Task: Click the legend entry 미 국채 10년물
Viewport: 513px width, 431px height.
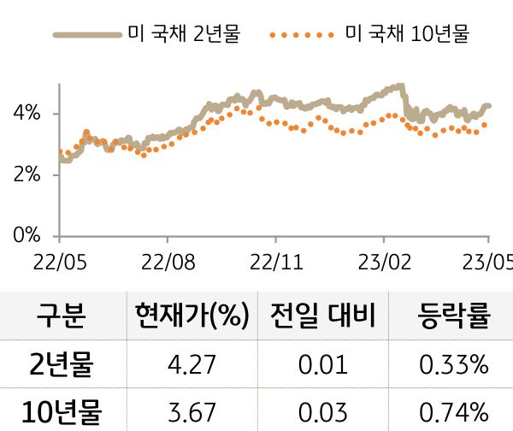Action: tap(405, 35)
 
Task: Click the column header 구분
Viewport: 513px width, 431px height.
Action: tap(62, 316)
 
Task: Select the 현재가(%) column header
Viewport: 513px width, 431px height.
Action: tap(192, 316)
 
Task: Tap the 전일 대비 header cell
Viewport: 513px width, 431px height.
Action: tap(322, 316)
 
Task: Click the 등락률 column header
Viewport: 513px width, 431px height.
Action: tap(453, 316)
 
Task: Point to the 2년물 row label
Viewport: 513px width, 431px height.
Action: tap(62, 367)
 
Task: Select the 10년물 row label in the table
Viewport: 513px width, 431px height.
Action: tap(62, 413)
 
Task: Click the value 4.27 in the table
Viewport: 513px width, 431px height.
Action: tap(192, 367)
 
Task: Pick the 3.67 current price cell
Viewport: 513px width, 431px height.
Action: tap(192, 413)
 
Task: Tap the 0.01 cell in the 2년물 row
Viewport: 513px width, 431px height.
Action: tap(322, 367)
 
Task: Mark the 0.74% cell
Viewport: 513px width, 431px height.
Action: tap(453, 413)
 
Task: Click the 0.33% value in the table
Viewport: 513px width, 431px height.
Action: tap(453, 367)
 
